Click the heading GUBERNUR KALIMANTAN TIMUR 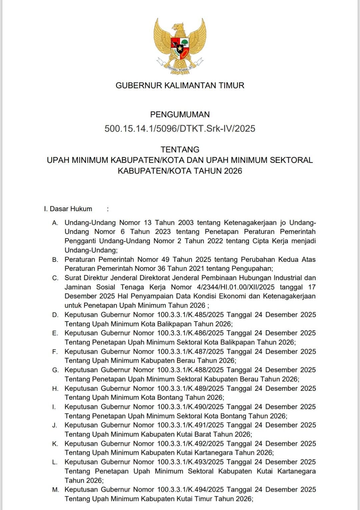click(x=180, y=86)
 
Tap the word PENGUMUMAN click(x=180, y=115)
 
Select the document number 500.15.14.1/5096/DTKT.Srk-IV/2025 click(x=180, y=129)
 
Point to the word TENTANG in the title click(x=180, y=150)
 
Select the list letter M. click(x=55, y=490)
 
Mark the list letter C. click(x=55, y=278)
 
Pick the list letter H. click(x=55, y=388)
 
